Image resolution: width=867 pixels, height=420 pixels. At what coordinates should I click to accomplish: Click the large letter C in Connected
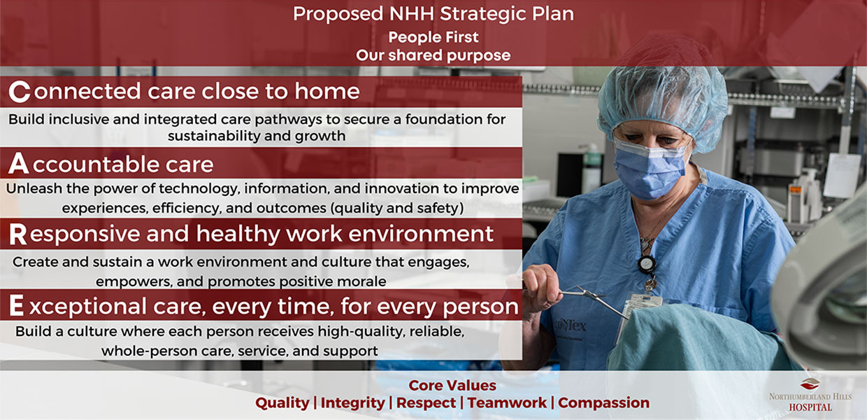coord(20,92)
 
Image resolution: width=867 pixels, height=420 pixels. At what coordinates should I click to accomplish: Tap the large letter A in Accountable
coord(19,163)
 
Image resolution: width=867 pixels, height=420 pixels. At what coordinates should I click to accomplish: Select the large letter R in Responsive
coord(17,234)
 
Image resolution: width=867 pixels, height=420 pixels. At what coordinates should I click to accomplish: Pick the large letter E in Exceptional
coord(16,305)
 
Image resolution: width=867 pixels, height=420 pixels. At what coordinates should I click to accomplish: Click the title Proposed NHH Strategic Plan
coord(433,14)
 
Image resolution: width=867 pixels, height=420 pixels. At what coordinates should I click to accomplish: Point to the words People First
coord(433,37)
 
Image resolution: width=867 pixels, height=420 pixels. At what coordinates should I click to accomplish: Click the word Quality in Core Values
coord(282,403)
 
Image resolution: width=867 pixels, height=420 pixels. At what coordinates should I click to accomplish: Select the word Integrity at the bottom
coord(352,403)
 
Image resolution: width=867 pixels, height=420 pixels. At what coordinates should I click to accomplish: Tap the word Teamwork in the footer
coord(507,402)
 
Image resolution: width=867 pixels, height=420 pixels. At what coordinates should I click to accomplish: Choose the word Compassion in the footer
coord(604,403)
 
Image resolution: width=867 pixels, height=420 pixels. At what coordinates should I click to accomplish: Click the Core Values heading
coord(452,386)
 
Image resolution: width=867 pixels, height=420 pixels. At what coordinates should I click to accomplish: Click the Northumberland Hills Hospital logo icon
coord(810,384)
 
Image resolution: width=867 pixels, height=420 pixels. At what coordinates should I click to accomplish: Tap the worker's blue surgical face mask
coord(650,169)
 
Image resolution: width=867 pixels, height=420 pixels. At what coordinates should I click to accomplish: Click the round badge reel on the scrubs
coord(646,264)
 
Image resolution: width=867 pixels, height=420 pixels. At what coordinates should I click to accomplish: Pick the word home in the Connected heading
coord(327,92)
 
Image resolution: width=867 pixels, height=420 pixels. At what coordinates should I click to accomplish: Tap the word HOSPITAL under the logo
coord(810,407)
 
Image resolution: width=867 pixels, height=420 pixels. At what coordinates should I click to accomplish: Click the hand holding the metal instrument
coord(541,288)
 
